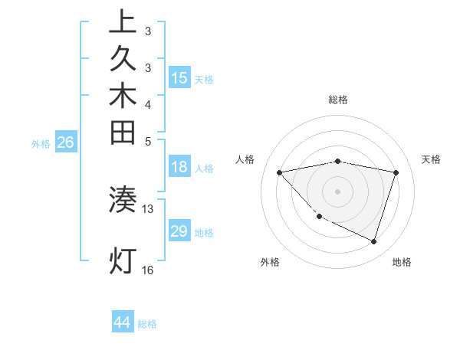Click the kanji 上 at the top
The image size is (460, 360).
(123, 21)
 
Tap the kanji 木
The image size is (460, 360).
(123, 96)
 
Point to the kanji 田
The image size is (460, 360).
(123, 133)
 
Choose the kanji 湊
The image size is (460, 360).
(123, 200)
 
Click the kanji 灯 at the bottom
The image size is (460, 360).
(123, 260)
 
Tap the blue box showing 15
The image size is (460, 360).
(179, 77)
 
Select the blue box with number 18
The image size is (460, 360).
(179, 168)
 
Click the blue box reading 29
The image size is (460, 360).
(179, 231)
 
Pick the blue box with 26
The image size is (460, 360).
(67, 142)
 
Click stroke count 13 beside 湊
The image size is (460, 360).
(148, 208)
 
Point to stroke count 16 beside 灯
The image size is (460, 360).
(148, 270)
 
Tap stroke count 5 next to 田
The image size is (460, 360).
(148, 141)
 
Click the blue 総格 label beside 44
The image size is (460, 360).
(147, 324)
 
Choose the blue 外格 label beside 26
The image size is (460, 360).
(41, 143)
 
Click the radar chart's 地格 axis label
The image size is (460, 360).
(402, 262)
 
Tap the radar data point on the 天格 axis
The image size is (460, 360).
(396, 172)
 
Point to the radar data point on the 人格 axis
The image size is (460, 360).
(279, 172)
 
